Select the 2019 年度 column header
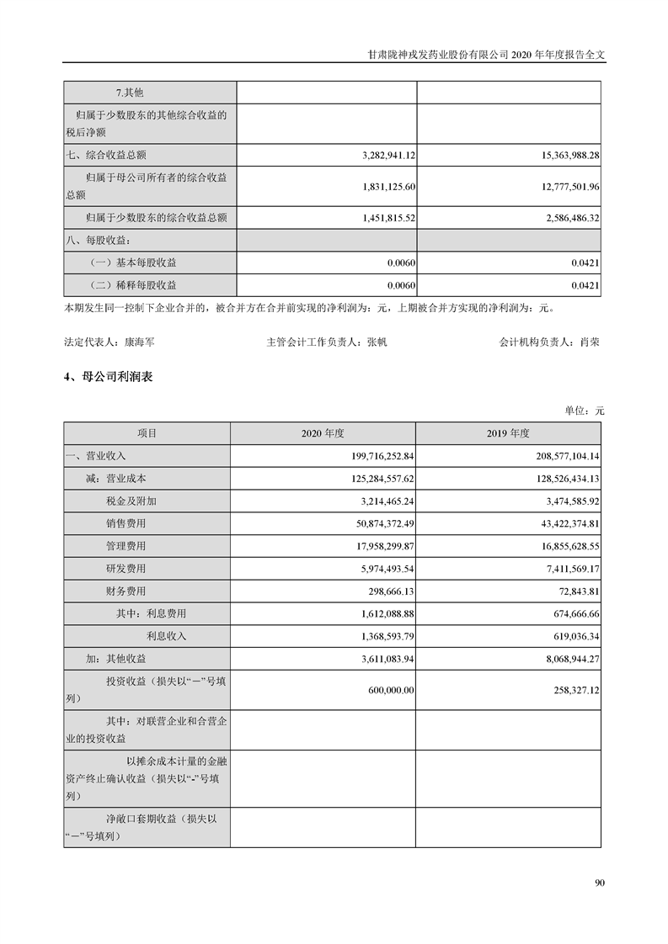(x=508, y=433)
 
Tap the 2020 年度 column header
(x=323, y=433)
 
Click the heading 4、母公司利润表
(x=108, y=379)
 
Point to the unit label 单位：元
(x=585, y=411)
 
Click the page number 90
(x=600, y=883)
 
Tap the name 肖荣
(x=590, y=343)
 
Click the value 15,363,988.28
(x=558, y=156)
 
